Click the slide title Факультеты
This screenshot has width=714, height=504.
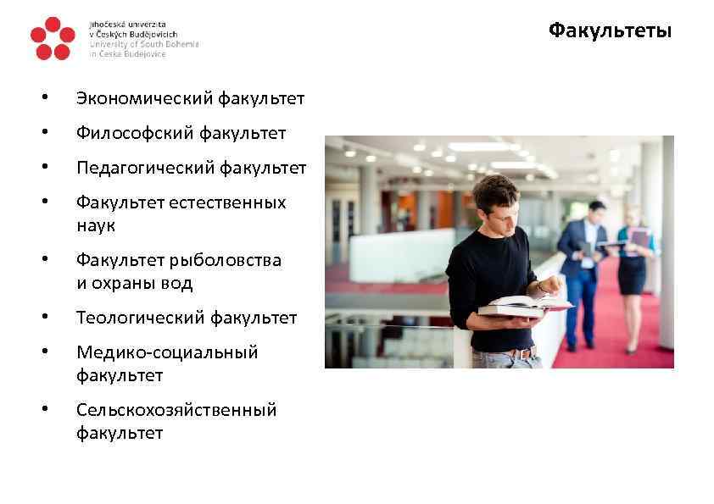pos(610,31)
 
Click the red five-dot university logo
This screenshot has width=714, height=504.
pos(51,39)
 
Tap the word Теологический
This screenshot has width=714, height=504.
pos(141,318)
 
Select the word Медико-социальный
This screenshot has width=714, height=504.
pos(167,352)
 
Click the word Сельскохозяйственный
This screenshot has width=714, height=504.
pos(176,410)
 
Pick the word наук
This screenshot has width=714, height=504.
pos(96,226)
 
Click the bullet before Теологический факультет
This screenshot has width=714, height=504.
pos(43,318)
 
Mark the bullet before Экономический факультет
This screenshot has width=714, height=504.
pos(43,100)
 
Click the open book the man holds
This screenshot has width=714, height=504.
pos(523,306)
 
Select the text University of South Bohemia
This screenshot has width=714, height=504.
pos(144,44)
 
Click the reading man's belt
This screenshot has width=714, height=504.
pos(511,351)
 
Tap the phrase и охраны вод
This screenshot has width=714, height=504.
pos(134,283)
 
